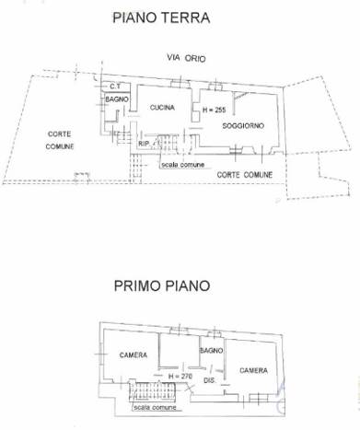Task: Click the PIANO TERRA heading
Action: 161,17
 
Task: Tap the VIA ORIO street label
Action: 186,58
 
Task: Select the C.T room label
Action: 115,87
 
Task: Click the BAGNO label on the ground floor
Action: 117,99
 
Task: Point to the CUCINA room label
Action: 162,108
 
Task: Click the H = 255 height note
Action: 215,110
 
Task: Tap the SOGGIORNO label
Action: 243,125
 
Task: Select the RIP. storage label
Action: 144,144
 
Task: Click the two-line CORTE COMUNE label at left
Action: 60,140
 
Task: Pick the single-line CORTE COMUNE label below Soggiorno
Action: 245,175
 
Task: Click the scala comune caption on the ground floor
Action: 183,165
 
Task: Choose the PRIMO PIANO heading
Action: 162,285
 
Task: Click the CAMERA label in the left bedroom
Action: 134,355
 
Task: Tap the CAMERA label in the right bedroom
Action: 253,370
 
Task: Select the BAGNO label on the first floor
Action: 212,351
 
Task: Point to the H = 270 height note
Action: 180,376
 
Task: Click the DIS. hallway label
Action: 209,380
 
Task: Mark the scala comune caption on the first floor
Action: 155,407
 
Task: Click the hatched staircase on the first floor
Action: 152,391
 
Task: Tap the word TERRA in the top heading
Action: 186,17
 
